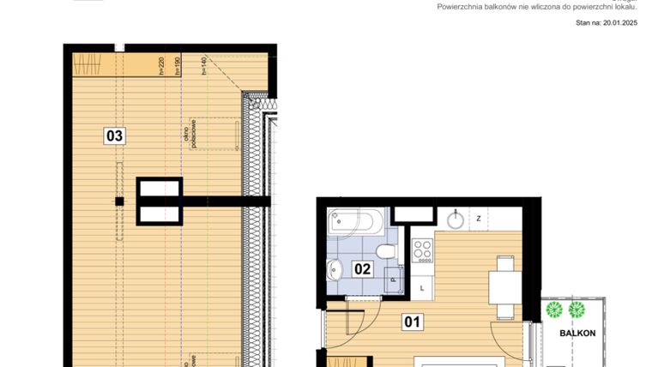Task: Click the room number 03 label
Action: coord(115,135)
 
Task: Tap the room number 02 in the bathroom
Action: coord(362,268)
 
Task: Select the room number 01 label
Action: coord(414,322)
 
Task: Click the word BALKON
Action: coord(577,333)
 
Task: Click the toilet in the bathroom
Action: coord(388,251)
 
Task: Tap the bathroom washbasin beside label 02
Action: coord(335,270)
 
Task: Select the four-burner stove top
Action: coord(422,250)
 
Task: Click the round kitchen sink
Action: coord(456,219)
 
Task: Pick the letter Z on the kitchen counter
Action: coord(479,219)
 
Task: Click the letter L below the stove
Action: coord(422,288)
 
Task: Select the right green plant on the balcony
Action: coord(578,309)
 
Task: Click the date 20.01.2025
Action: coord(619,24)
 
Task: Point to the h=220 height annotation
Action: coord(161,66)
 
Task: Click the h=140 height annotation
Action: coord(205,66)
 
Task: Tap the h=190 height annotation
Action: coord(178,66)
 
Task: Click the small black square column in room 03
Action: coord(120,202)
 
